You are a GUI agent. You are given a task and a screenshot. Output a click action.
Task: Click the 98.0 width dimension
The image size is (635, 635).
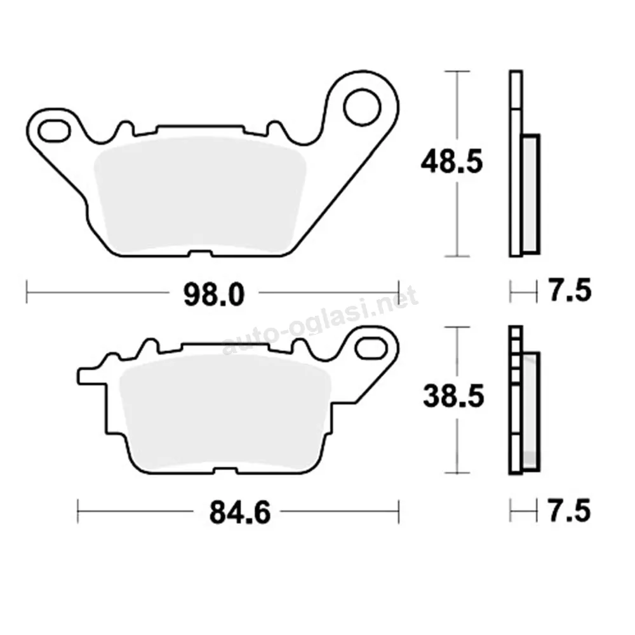(x=214, y=295)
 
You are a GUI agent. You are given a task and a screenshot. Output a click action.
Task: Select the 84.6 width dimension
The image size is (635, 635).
(x=240, y=512)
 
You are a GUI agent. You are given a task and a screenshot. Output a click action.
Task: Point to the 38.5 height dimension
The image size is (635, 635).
(x=453, y=396)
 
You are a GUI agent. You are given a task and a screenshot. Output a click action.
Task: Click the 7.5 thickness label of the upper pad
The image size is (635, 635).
(x=570, y=290)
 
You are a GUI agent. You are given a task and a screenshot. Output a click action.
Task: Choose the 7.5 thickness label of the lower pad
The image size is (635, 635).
(x=569, y=511)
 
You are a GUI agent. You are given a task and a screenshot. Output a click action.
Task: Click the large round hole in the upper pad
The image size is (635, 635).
(x=362, y=107)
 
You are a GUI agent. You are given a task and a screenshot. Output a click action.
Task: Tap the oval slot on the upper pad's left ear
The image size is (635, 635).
(x=54, y=131)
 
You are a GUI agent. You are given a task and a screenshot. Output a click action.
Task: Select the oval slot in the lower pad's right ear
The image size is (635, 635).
(x=371, y=348)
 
